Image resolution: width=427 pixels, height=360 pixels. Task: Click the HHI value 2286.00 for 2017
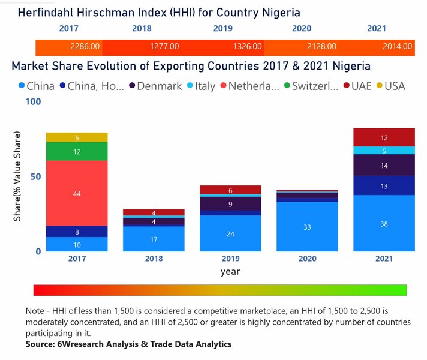(84, 46)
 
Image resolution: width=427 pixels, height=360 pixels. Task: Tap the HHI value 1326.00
(246, 46)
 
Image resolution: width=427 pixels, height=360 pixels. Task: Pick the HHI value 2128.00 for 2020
(321, 46)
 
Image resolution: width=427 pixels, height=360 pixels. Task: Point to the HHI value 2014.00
(398, 46)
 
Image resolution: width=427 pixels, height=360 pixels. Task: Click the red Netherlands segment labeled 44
(77, 193)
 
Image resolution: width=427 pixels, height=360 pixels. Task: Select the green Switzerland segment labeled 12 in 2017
(77, 152)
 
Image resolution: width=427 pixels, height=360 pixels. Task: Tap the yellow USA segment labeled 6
(77, 137)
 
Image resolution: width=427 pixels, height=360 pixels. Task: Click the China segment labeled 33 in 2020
(307, 227)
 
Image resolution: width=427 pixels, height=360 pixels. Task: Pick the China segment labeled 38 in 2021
(384, 223)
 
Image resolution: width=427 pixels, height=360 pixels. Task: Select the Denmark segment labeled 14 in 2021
(384, 165)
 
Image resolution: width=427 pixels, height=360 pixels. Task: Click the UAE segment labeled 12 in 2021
(384, 137)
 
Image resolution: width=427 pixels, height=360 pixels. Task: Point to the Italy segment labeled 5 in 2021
(384, 151)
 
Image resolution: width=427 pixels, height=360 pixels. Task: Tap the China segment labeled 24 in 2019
(230, 233)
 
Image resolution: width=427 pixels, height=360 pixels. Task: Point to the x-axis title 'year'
(230, 271)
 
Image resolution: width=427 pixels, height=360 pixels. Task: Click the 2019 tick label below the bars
(230, 259)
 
